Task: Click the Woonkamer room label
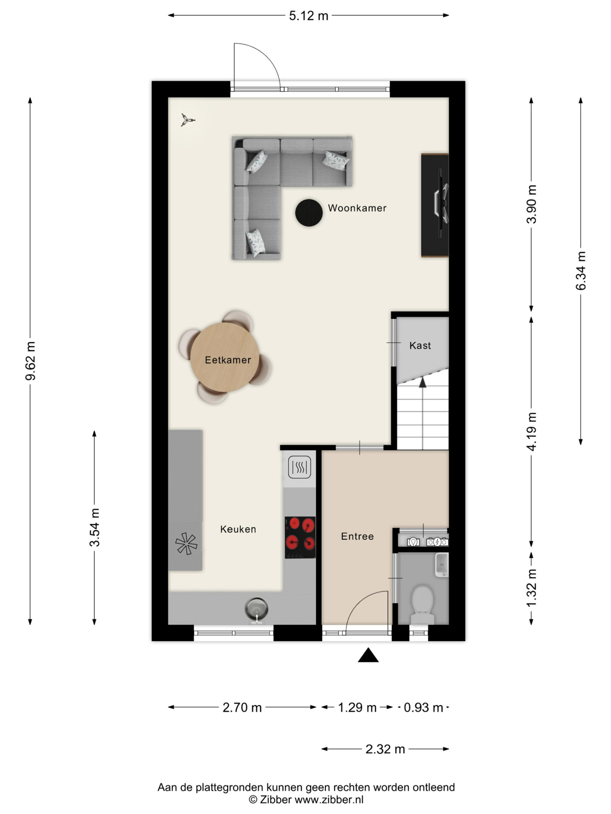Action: pyautogui.click(x=357, y=208)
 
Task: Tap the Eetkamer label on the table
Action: pyautogui.click(x=228, y=360)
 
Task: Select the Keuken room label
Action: pyautogui.click(x=238, y=529)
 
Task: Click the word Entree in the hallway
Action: pyautogui.click(x=357, y=536)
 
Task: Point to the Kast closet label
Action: pyautogui.click(x=420, y=346)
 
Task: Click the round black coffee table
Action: pyautogui.click(x=309, y=213)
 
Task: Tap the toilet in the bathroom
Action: pyautogui.click(x=422, y=605)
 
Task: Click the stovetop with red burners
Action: pyautogui.click(x=300, y=538)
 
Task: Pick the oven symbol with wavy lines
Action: pyautogui.click(x=299, y=467)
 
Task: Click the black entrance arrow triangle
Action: pyautogui.click(x=368, y=655)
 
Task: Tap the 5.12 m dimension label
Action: pyautogui.click(x=308, y=16)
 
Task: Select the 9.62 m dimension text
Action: pyautogui.click(x=31, y=361)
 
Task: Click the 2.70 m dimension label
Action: pyautogui.click(x=242, y=707)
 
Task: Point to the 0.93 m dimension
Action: pyautogui.click(x=423, y=707)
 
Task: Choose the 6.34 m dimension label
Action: pyautogui.click(x=581, y=271)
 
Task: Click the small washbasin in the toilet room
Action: pyautogui.click(x=442, y=564)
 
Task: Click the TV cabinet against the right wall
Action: pyautogui.click(x=435, y=205)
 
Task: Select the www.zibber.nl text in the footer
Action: pyautogui.click(x=329, y=799)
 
